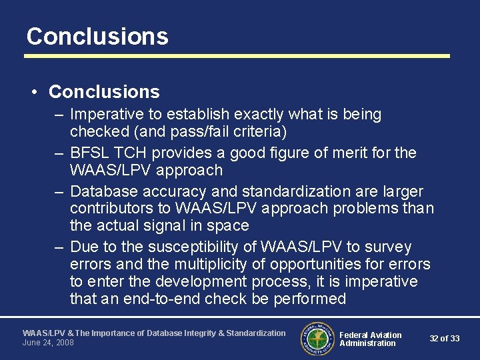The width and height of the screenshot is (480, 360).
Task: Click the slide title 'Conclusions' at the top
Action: pos(97,36)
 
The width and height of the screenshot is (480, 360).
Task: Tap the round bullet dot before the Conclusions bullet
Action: pos(35,92)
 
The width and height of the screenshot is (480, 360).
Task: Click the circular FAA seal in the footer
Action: pos(317,339)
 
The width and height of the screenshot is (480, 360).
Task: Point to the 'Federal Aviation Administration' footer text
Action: pos(370,339)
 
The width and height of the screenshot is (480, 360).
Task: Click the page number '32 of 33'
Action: pos(444,339)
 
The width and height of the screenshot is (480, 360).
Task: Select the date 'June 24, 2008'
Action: pos(48,343)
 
